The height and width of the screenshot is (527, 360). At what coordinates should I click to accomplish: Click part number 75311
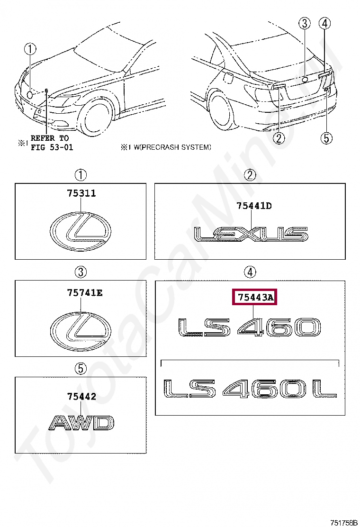(81, 194)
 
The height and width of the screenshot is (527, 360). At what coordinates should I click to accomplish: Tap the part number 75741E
(84, 293)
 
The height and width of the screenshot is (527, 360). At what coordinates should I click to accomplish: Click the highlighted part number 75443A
(255, 297)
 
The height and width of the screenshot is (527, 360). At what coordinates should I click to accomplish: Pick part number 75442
(81, 396)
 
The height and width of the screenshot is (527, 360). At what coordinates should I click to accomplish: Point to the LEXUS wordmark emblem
(251, 234)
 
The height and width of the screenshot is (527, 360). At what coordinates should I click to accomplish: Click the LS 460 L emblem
(249, 389)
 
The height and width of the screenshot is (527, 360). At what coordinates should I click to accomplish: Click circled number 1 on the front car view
(30, 48)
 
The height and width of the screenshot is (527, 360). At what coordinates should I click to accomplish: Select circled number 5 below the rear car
(326, 137)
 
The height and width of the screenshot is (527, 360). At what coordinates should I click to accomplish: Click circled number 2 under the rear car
(279, 137)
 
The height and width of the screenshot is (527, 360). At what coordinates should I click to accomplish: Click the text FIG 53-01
(52, 147)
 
